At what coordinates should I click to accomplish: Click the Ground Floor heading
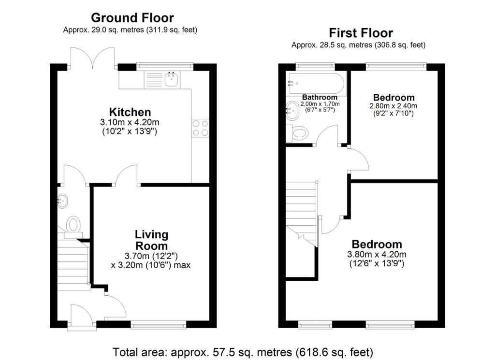132,18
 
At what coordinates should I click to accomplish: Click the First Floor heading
361,33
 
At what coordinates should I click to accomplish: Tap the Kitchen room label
130,112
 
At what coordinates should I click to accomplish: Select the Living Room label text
151,240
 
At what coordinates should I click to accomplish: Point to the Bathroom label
320,97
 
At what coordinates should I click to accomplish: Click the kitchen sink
171,79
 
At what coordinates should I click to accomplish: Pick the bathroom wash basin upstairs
293,111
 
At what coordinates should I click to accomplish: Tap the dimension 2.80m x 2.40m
393,106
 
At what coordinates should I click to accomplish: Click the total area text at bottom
243,351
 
